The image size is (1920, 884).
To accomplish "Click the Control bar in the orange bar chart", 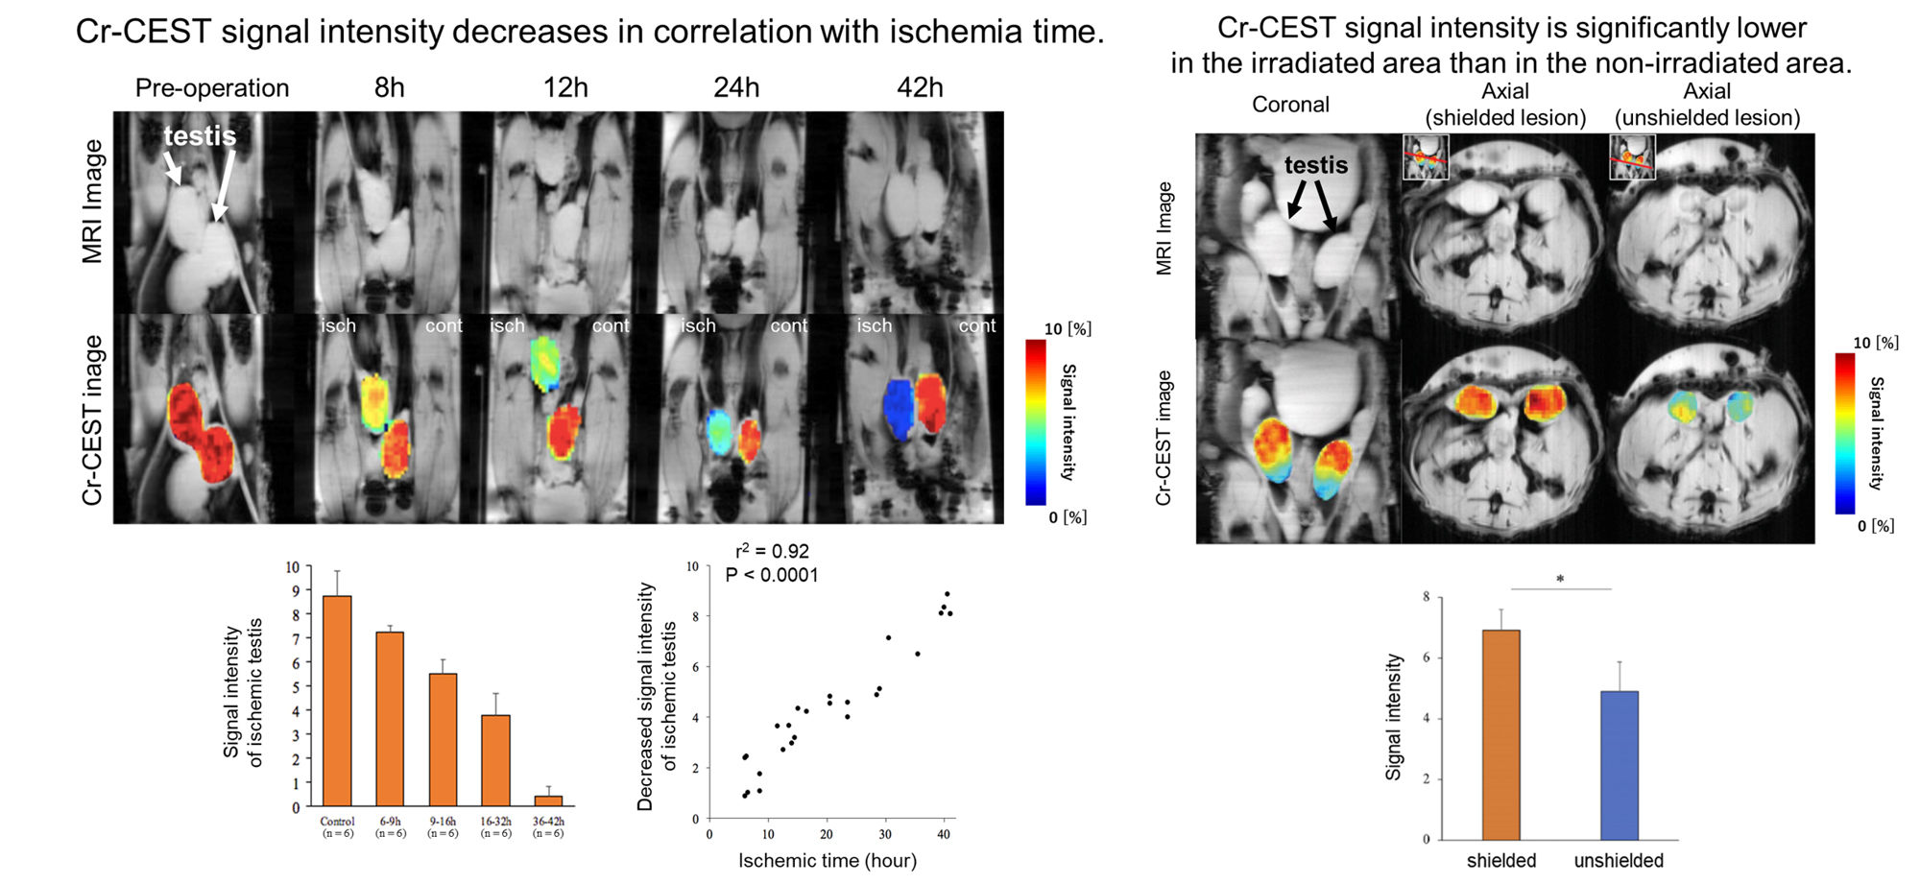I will click(x=337, y=701).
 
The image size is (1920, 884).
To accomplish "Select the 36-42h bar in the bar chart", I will click(x=548, y=800).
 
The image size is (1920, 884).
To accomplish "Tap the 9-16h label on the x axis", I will click(x=443, y=822).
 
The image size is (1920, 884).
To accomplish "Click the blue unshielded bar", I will click(x=1619, y=765).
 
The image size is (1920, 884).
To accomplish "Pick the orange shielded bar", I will click(x=1501, y=734).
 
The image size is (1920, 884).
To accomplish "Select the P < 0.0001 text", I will click(x=772, y=575).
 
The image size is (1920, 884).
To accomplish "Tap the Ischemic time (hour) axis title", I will click(x=827, y=861).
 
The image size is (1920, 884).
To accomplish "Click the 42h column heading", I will click(x=920, y=88).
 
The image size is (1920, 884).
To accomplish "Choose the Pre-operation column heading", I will click(x=212, y=88).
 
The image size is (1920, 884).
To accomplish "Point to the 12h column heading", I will click(x=565, y=88).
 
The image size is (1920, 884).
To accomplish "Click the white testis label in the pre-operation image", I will click(x=200, y=136).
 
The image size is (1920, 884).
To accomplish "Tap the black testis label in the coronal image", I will click(x=1316, y=165).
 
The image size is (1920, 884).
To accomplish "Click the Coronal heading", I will click(x=1290, y=105).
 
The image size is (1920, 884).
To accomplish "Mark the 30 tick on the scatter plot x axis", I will click(x=885, y=835).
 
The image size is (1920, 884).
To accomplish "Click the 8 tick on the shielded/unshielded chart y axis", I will click(x=1426, y=597).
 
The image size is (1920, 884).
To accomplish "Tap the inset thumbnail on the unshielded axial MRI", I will click(x=1632, y=156).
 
